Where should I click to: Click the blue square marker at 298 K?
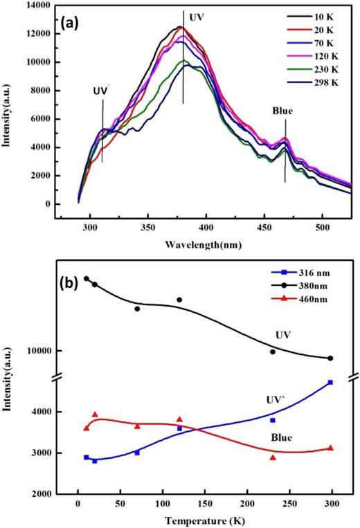330,382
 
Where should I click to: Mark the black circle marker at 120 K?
179,300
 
